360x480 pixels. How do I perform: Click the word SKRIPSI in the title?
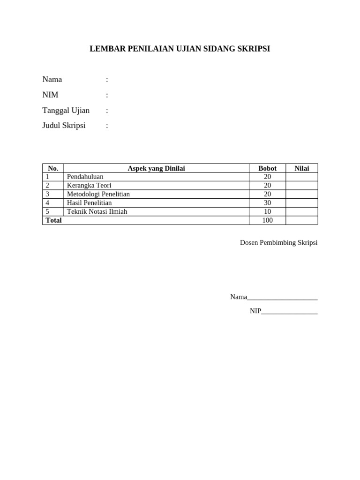coord(254,49)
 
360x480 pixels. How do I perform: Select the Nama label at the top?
coord(52,79)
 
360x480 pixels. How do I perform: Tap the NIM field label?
coord(50,95)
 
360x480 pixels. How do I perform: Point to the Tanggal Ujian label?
coord(66,111)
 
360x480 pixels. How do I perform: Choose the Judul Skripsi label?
coord(64,126)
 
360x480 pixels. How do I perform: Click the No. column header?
coord(53,168)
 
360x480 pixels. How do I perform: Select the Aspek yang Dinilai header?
coord(156,168)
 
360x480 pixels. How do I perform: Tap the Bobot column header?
coord(267,168)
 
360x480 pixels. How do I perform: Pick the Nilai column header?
coord(301,168)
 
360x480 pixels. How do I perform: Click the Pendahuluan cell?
coord(85,177)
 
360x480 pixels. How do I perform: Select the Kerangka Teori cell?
coord(89,185)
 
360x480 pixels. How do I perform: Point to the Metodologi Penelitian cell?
coord(98,194)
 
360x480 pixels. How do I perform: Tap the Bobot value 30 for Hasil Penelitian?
coord(267,203)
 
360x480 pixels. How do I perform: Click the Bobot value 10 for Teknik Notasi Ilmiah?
coord(267,211)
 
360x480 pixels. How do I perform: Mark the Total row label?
coord(53,220)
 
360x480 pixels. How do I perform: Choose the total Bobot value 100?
coord(267,220)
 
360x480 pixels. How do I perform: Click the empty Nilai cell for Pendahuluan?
coord(301,177)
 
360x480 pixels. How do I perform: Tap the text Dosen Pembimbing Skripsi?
coord(278,243)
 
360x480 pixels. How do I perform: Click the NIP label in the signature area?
coord(255,311)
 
